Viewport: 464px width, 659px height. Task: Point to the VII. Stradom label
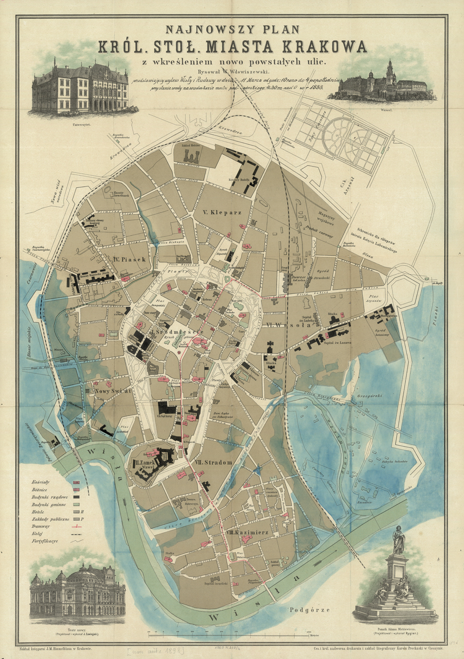[213, 462]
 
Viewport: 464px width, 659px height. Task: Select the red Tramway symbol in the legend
[77, 526]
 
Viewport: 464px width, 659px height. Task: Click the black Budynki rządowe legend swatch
[76, 497]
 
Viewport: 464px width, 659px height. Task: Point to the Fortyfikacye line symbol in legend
[77, 541]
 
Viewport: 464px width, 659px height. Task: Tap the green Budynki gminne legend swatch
[76, 504]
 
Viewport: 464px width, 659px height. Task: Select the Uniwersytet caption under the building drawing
[81, 125]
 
